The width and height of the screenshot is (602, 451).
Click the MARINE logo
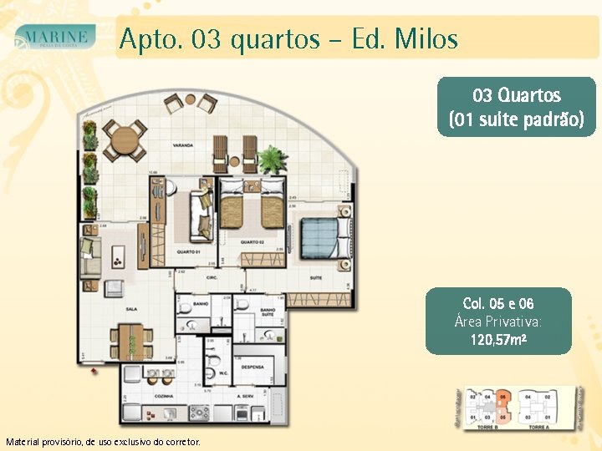56,38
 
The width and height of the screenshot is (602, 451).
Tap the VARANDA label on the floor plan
183,144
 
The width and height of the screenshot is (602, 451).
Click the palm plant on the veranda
273,158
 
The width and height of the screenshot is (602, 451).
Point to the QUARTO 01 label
188,251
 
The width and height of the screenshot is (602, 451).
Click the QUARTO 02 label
253,242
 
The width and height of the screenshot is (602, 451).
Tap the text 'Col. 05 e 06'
498,303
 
